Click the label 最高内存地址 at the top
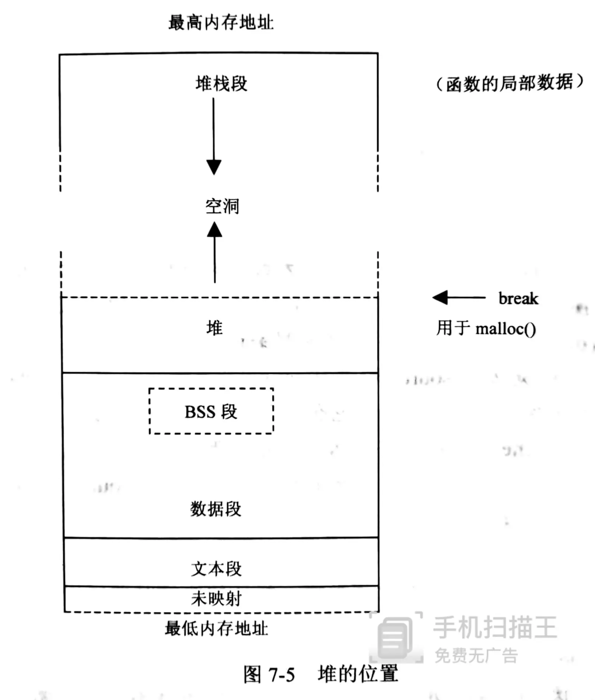coord(221,22)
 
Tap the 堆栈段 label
coord(221,83)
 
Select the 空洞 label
coord(222,206)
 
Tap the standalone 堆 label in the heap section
coord(214,328)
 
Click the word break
coord(518,298)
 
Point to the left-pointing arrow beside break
coord(459,297)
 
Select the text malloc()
coord(505,328)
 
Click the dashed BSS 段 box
coord(211,411)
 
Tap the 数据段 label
coord(216,509)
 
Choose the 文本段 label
coord(216,568)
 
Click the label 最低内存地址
coord(216,628)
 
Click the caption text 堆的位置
coord(358,674)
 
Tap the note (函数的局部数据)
coord(510,83)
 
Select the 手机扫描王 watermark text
coord(494,627)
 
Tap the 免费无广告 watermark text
coord(476,655)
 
